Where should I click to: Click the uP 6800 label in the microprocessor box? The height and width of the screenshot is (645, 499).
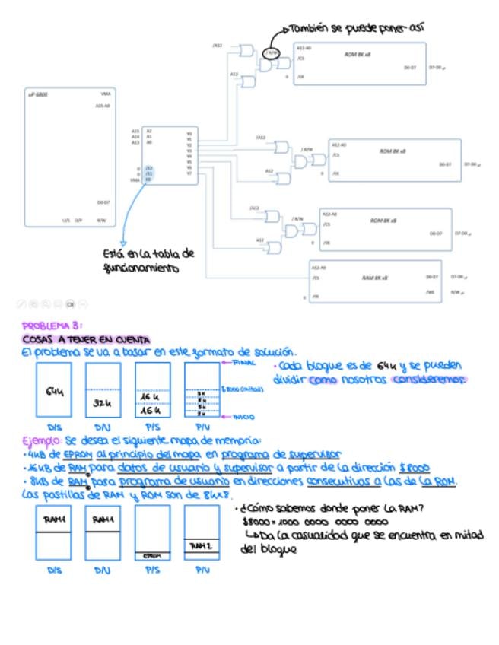tap(37, 94)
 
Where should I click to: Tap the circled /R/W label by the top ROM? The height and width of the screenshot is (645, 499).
tap(272, 53)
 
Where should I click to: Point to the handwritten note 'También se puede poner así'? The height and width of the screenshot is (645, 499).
tap(358, 28)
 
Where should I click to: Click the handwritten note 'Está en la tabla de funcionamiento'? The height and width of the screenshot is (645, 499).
tap(148, 261)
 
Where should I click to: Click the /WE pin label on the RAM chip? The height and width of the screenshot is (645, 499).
tap(431, 291)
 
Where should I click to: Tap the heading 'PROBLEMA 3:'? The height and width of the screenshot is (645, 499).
tap(46, 325)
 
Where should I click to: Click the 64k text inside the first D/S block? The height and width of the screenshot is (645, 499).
tap(53, 392)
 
